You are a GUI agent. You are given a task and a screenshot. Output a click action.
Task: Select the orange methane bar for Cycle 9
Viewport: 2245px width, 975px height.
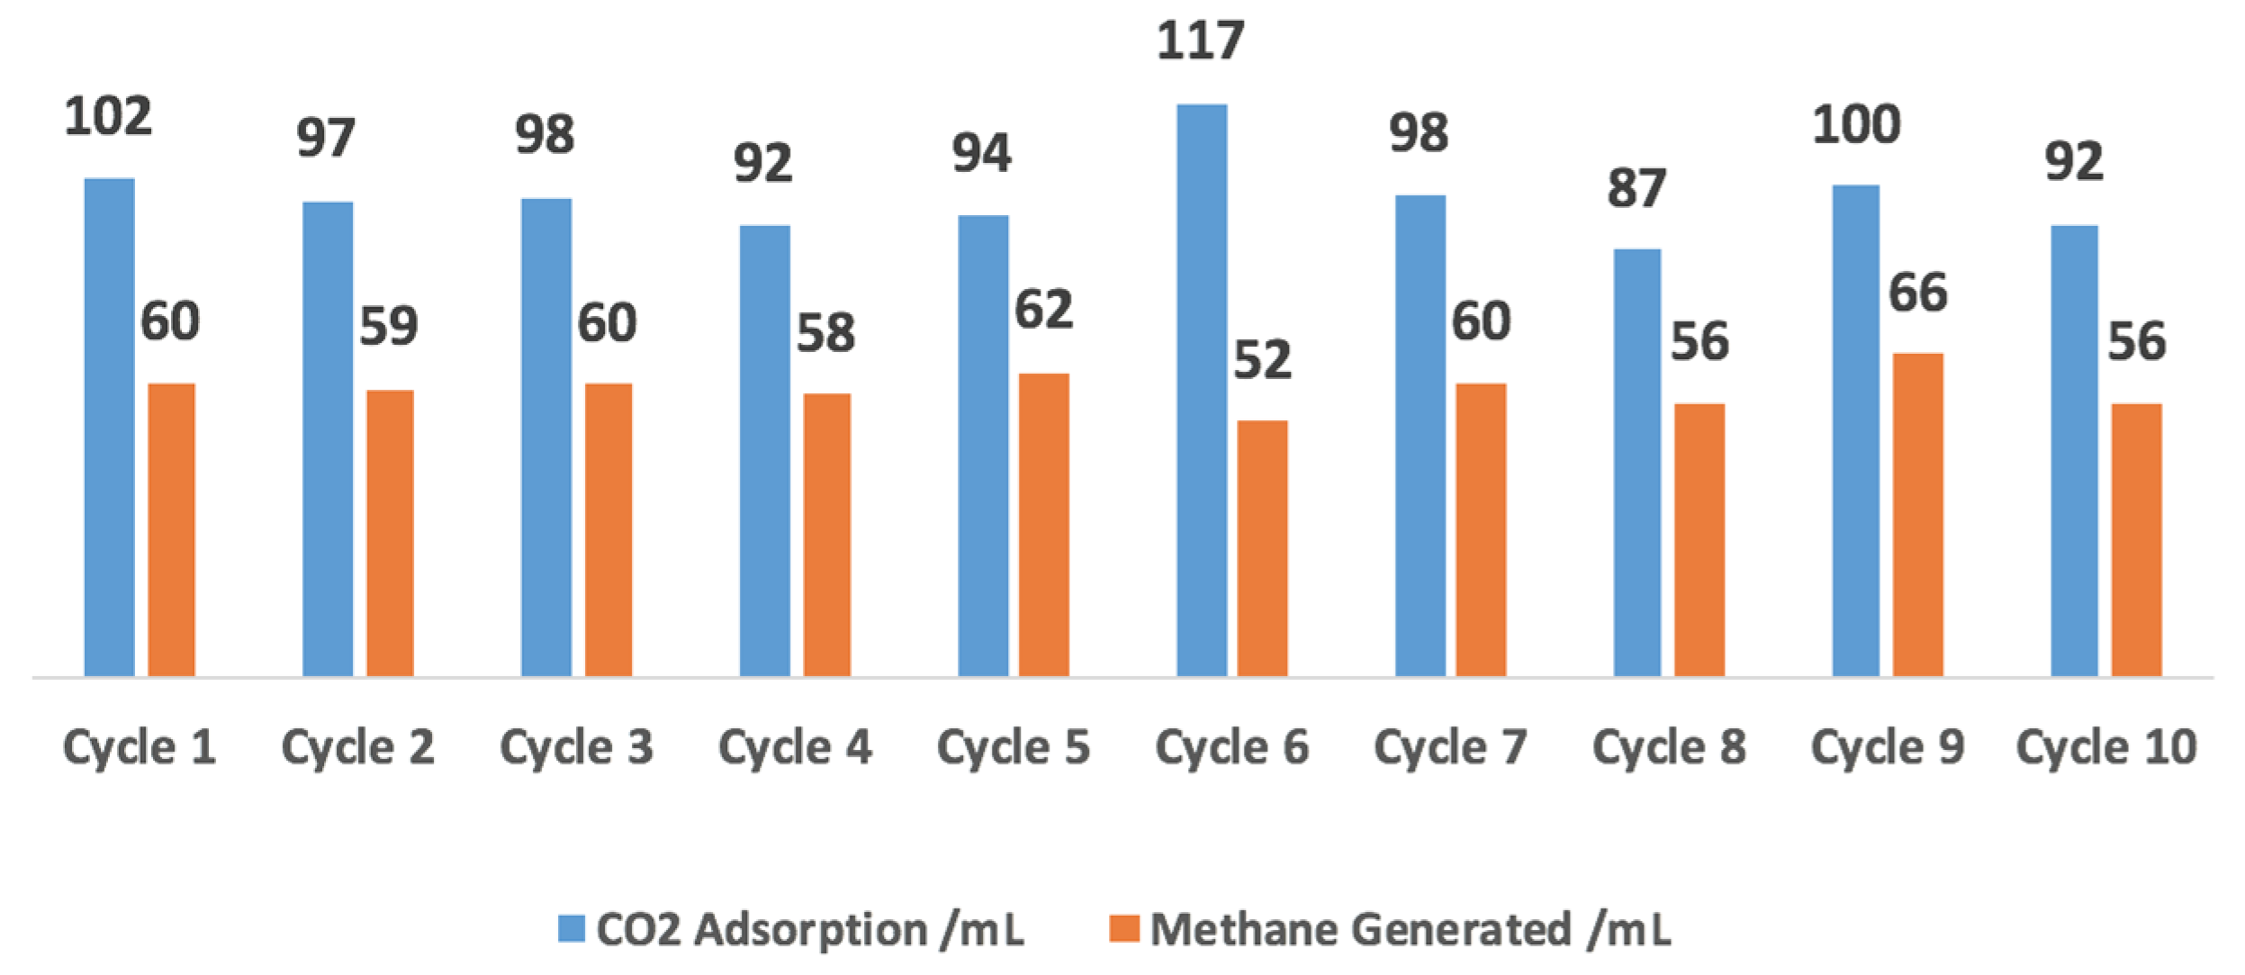click(1917, 514)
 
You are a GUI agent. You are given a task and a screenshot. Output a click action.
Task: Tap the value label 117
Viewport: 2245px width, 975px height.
click(1200, 41)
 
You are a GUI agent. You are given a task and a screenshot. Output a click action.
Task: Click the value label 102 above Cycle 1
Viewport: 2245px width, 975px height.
click(108, 117)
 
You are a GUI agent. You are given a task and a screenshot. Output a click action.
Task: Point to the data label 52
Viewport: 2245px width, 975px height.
click(1262, 360)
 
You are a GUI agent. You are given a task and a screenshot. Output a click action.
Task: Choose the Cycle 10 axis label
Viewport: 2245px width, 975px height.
click(2106, 747)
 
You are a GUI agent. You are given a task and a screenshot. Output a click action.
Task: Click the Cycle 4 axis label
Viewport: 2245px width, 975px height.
click(795, 747)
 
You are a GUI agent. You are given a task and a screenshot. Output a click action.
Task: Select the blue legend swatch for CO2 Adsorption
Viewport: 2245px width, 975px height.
click(571, 928)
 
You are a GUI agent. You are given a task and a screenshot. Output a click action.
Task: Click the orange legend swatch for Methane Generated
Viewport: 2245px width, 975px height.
click(1123, 928)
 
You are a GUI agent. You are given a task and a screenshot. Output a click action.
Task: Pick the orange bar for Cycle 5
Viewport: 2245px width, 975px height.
click(1043, 524)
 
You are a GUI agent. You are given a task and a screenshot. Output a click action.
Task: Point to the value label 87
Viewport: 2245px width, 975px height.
click(1636, 189)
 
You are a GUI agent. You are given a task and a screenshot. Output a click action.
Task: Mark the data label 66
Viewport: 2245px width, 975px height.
click(1917, 293)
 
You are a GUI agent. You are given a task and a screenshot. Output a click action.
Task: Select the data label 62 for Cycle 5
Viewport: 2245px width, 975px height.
click(1043, 311)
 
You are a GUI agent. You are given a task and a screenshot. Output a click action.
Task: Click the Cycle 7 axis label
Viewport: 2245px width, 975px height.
click(1450, 747)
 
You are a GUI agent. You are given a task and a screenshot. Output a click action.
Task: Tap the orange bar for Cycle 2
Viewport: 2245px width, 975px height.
click(390, 532)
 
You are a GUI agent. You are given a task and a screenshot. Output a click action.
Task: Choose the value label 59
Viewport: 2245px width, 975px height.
click(388, 326)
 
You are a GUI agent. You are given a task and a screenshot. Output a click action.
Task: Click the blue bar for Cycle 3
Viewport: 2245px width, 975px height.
click(545, 437)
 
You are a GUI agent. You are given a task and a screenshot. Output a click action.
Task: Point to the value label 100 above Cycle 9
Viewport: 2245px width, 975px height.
click(1856, 125)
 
